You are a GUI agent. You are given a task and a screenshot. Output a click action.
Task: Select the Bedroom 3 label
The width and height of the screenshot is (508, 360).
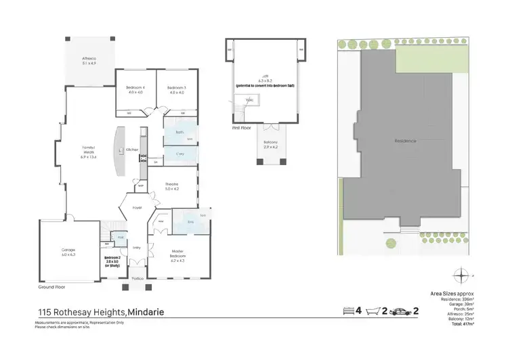pyautogui.click(x=176, y=90)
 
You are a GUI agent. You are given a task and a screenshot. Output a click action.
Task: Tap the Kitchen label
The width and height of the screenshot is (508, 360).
pyautogui.click(x=132, y=149)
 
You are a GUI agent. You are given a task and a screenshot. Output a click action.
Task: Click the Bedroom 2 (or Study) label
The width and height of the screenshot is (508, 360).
pyautogui.click(x=112, y=260)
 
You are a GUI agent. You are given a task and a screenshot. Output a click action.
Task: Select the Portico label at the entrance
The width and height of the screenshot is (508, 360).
pyautogui.click(x=137, y=279)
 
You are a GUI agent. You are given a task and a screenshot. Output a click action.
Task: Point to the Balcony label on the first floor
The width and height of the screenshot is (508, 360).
pyautogui.click(x=270, y=143)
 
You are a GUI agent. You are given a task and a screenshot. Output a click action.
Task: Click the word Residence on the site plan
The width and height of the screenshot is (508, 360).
pyautogui.click(x=405, y=141)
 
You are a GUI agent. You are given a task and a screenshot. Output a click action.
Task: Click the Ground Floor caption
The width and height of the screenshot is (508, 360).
pyautogui.click(x=52, y=287)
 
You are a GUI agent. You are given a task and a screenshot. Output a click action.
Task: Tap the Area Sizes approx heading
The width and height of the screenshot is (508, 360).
pyautogui.click(x=452, y=293)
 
